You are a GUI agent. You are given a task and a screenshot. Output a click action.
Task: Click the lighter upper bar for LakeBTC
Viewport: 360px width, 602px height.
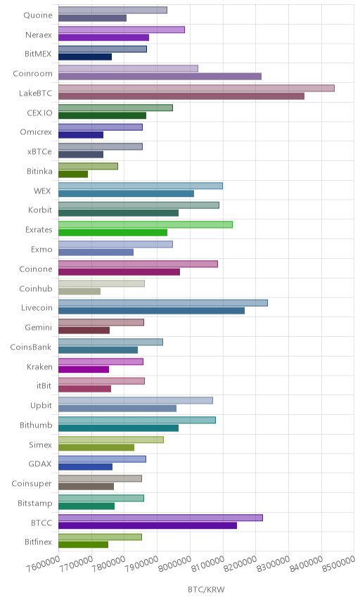click(x=196, y=88)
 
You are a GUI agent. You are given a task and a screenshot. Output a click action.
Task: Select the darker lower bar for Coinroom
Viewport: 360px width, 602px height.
click(x=160, y=77)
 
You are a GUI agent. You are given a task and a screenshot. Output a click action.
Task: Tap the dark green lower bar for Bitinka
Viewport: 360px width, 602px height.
click(x=73, y=174)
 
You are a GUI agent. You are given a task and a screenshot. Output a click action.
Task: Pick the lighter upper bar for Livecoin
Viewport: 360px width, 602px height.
click(x=163, y=302)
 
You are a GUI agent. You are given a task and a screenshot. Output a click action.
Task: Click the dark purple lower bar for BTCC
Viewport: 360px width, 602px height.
click(x=148, y=525)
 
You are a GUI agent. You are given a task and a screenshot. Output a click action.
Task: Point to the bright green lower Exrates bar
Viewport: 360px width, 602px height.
click(x=112, y=232)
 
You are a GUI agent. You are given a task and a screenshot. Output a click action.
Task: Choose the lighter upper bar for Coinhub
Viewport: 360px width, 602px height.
click(x=102, y=283)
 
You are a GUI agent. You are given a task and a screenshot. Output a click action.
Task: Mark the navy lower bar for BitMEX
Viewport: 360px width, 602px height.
click(x=85, y=57)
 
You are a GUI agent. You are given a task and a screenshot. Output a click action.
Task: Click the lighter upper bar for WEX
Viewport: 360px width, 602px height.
click(x=141, y=186)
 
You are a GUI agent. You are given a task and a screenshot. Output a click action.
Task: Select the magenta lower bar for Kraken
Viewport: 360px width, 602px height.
click(x=84, y=369)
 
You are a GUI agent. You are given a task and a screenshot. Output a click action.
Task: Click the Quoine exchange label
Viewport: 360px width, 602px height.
click(x=37, y=15)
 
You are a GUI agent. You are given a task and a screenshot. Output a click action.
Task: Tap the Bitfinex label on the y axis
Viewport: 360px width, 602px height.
click(x=38, y=542)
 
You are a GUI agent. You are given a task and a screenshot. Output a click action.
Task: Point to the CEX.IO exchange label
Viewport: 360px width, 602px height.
click(x=39, y=113)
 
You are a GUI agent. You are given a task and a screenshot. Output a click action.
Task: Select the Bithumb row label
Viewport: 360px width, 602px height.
click(x=36, y=425)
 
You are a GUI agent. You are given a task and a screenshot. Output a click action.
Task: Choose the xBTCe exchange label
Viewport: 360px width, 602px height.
click(x=39, y=152)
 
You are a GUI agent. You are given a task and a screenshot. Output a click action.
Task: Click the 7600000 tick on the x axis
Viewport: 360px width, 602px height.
click(x=44, y=564)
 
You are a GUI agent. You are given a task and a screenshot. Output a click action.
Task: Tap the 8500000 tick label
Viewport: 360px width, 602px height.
click(x=339, y=564)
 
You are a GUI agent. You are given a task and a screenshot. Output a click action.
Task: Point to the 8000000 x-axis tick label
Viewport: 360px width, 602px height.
click(x=174, y=564)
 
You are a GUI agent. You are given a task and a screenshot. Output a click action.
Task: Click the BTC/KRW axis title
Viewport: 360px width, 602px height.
click(x=206, y=590)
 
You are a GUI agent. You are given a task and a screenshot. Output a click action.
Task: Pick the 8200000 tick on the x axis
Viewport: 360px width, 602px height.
click(x=240, y=564)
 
